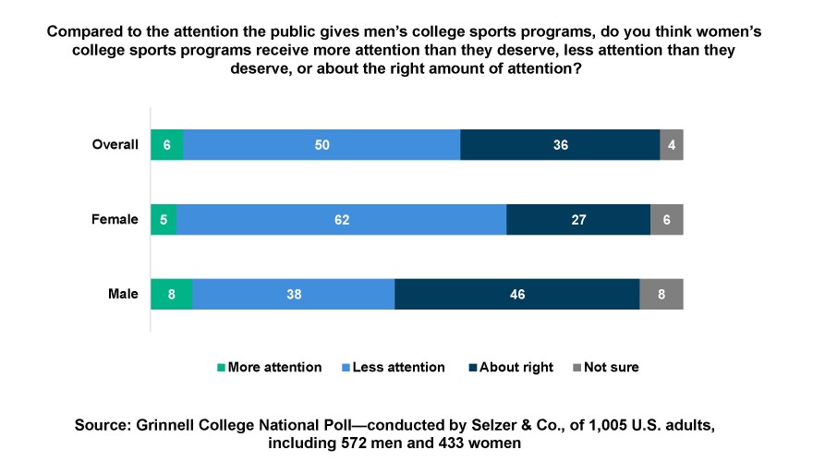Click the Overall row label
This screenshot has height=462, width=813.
point(115,145)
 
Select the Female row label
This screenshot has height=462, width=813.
point(115,220)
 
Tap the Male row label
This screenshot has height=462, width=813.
point(122,295)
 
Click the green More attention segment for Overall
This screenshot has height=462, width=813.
point(167,145)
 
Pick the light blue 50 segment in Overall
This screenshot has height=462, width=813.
point(322,145)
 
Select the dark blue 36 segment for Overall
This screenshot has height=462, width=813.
point(560,145)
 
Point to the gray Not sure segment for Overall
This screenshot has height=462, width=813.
point(672,145)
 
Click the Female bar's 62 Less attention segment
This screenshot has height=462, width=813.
point(341,220)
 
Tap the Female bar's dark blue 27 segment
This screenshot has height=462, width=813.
point(578,220)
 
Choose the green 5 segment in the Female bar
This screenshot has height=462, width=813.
point(164,220)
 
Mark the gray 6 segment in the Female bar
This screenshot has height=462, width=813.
point(667,220)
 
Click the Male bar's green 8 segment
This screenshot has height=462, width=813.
point(172,295)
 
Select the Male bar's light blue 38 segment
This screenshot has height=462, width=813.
point(294,295)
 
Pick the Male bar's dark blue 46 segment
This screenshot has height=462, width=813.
point(517,295)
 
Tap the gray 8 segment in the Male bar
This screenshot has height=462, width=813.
point(661,295)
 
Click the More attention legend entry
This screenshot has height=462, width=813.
point(269,368)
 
